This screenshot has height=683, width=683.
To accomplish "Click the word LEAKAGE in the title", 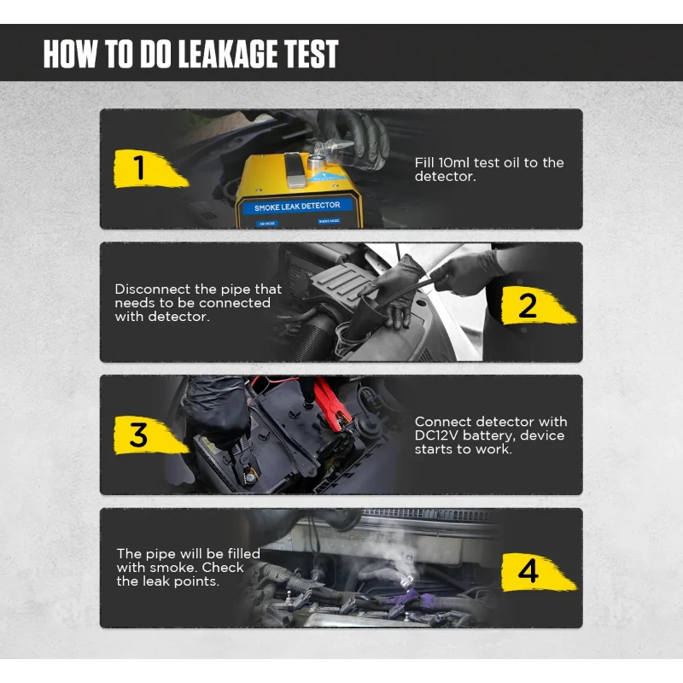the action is [x=229, y=54].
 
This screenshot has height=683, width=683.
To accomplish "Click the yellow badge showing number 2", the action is [x=539, y=306].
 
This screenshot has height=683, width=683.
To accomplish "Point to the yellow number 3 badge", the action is [x=150, y=435].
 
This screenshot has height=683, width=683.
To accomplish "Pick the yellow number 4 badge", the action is [x=539, y=571].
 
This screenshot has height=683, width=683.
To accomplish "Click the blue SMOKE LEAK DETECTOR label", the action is [x=297, y=207].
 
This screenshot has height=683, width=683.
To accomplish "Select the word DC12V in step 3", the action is [x=436, y=435].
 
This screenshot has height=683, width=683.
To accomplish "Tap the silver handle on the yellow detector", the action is [x=296, y=170].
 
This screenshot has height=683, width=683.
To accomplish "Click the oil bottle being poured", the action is [x=332, y=149].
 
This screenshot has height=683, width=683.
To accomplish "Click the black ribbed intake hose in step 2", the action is [x=312, y=336].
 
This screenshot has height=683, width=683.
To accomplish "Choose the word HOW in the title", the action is [x=70, y=54].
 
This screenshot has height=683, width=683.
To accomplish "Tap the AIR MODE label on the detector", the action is [x=267, y=224].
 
